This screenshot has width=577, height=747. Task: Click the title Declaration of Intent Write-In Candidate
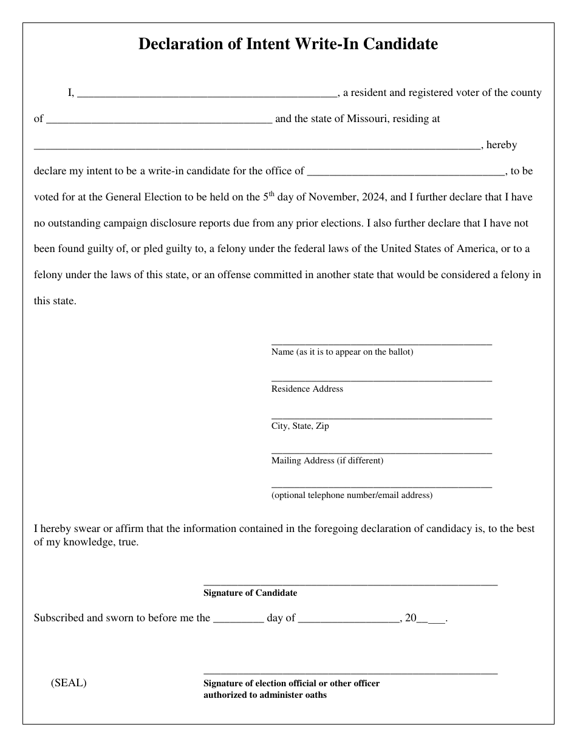coord(288,44)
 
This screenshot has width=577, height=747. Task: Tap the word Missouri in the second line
coord(368,119)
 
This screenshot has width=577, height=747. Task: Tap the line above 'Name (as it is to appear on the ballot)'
coord(381,344)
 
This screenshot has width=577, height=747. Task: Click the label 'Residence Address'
coord(307,389)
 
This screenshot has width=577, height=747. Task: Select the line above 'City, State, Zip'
coord(381,418)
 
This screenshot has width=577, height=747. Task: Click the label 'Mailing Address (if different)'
coord(327,460)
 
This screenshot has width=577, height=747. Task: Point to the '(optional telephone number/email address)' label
coord(352,495)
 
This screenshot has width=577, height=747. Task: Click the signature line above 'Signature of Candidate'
coord(350,584)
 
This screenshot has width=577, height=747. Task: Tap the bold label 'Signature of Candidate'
coord(250,593)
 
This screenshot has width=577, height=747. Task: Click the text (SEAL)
coord(69,683)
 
